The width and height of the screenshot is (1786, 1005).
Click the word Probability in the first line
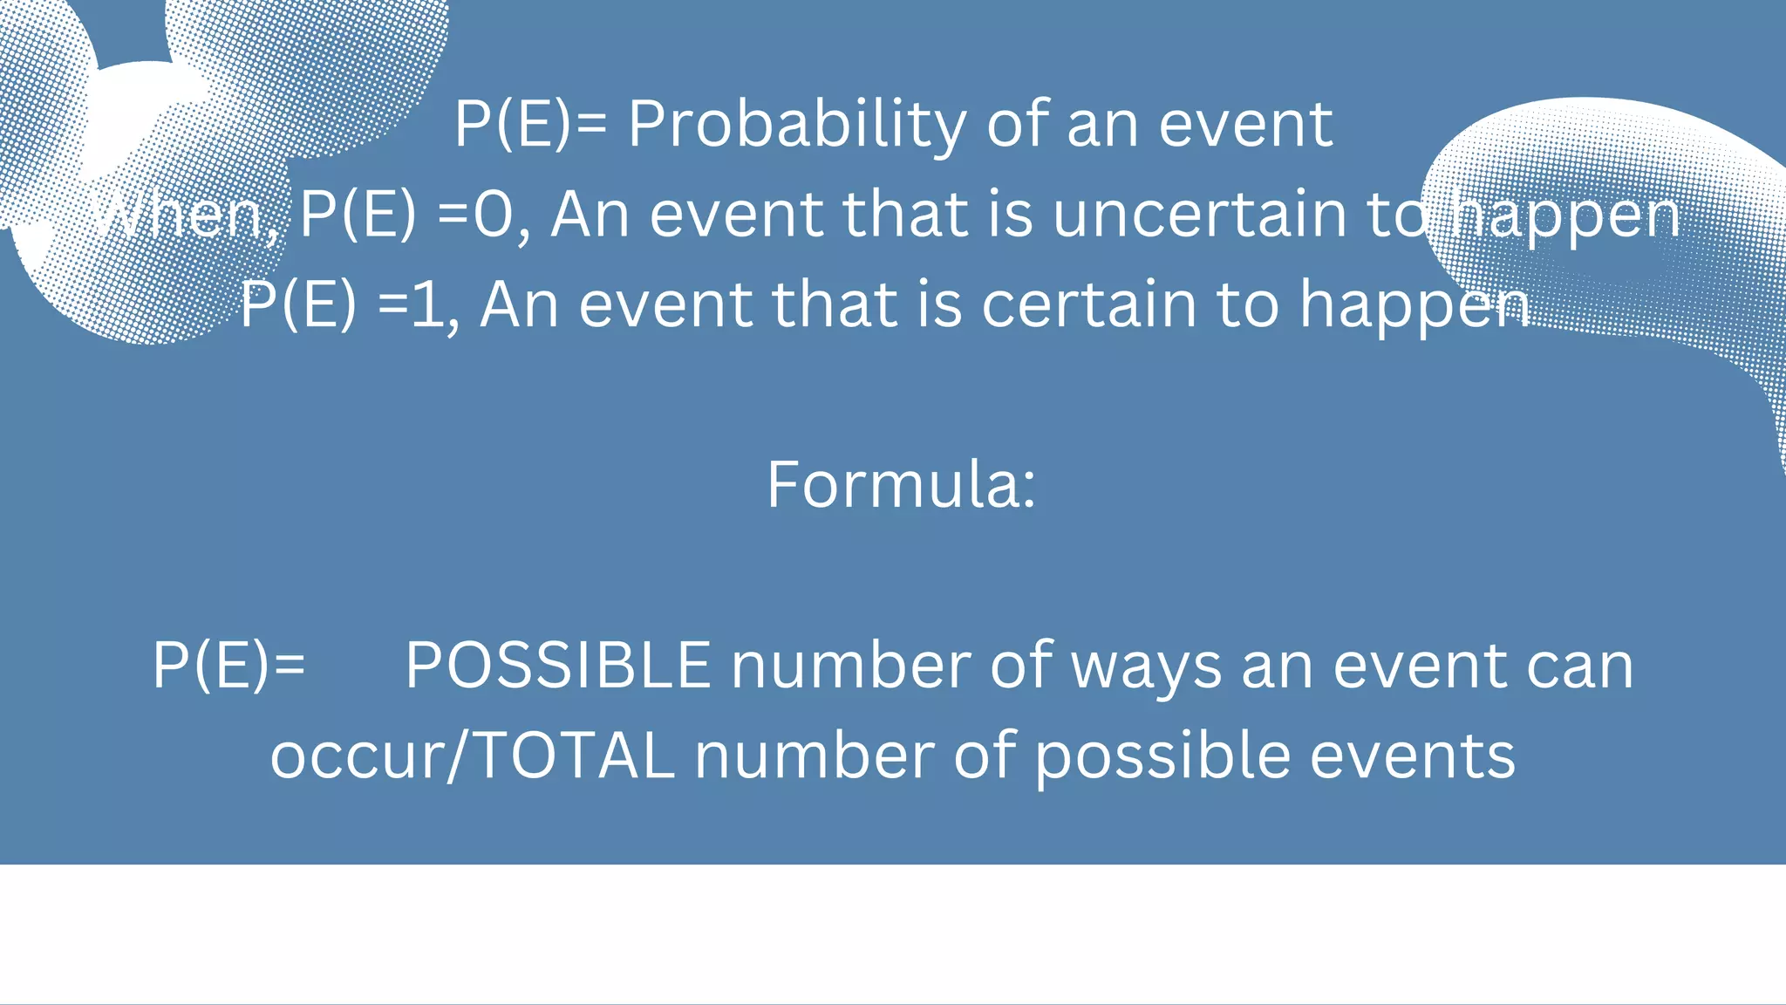coord(796,125)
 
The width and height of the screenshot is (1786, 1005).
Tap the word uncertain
coord(1199,214)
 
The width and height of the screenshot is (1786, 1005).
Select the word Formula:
coord(901,484)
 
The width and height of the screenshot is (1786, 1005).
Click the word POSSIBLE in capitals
coord(558,666)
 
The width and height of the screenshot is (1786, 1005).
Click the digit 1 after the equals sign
coord(427,304)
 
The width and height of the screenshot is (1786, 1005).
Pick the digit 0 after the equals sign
coord(493,214)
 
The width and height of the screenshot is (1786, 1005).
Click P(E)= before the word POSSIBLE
coord(228,666)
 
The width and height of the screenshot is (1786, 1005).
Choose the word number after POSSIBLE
coord(850,666)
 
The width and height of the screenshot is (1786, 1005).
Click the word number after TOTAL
coord(815,755)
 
